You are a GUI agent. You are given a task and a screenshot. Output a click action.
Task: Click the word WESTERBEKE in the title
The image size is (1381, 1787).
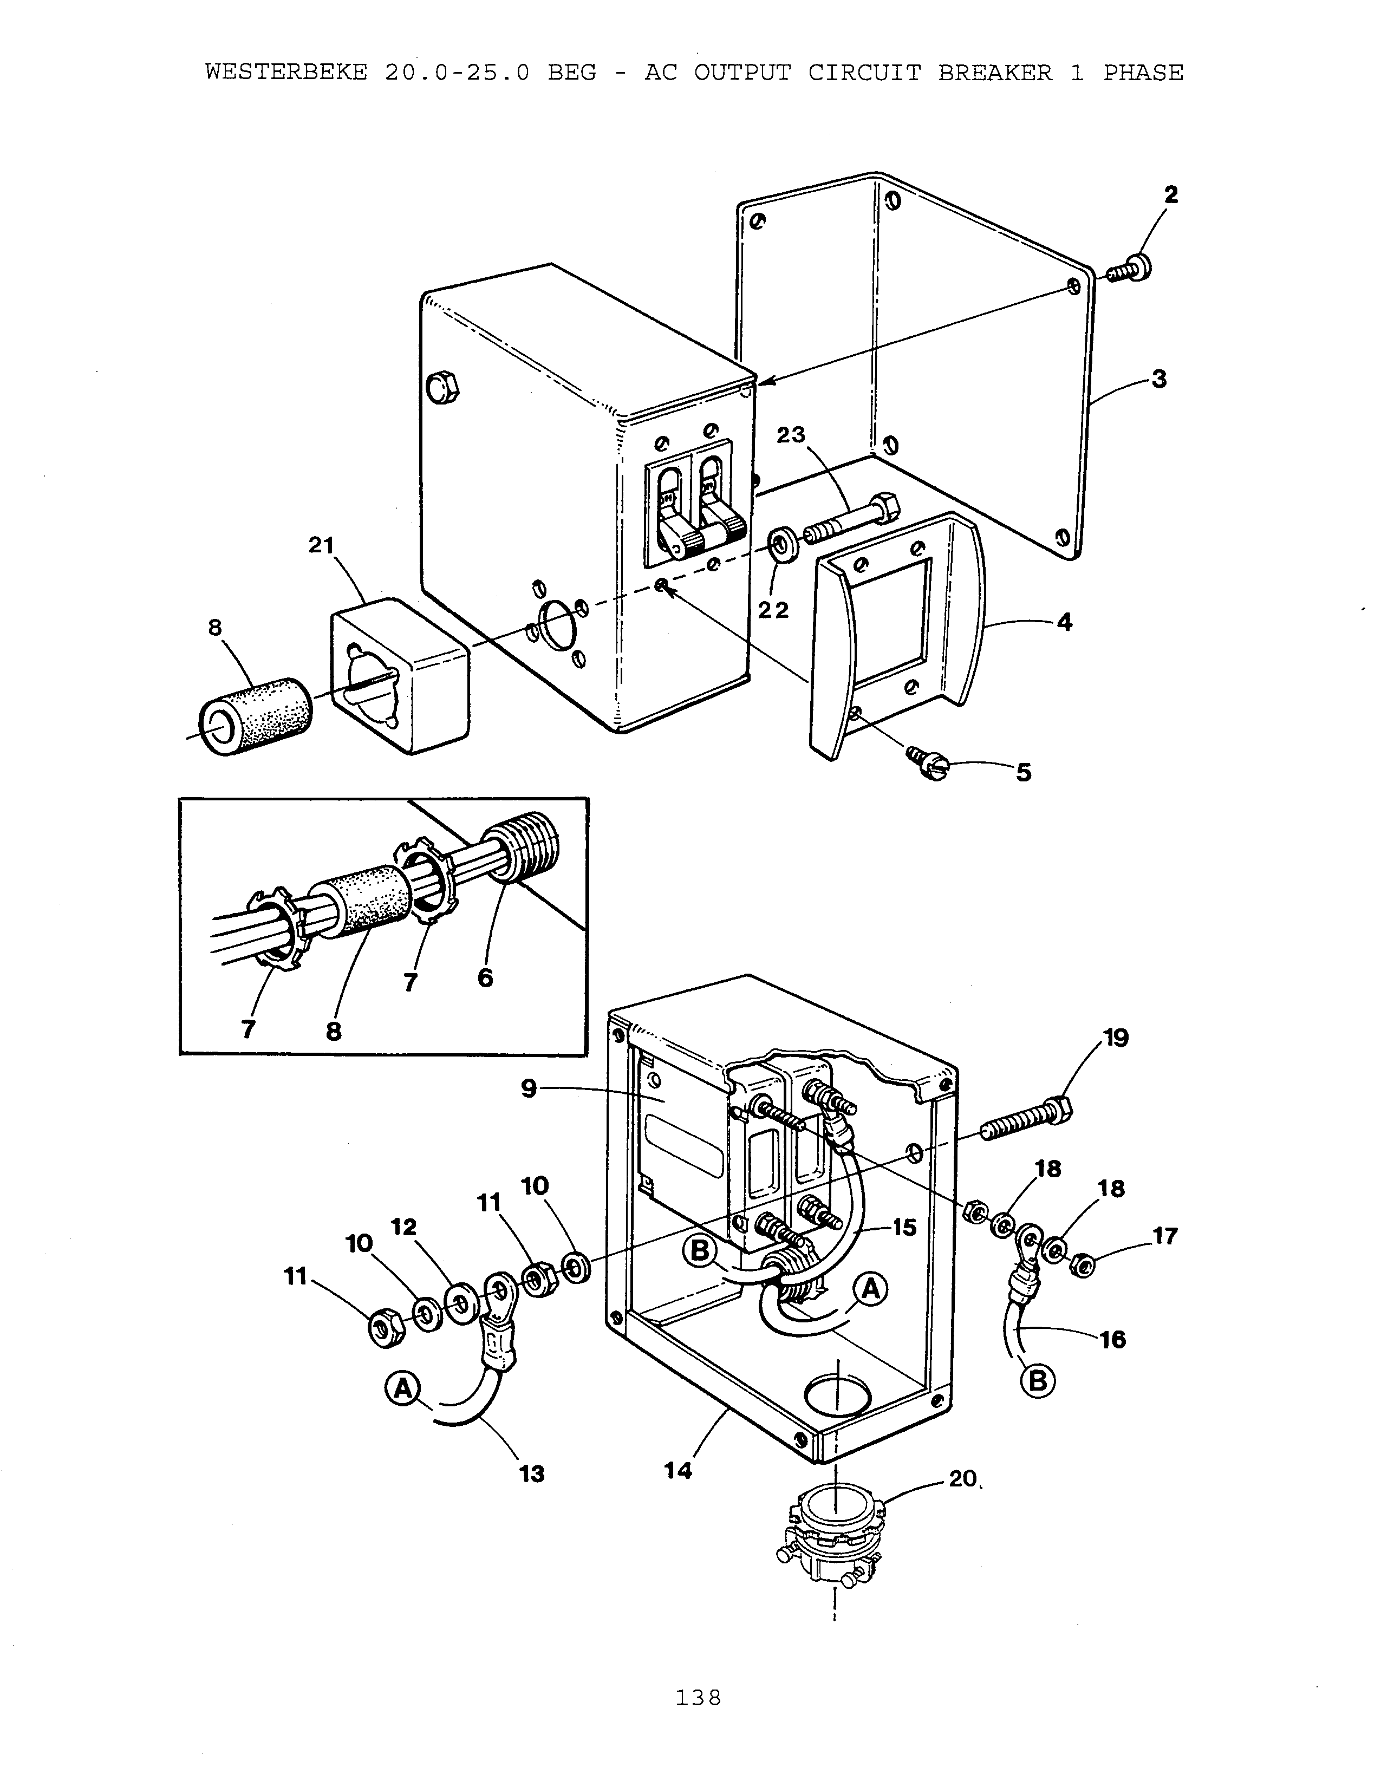(286, 72)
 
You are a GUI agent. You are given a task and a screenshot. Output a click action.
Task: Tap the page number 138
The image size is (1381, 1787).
(698, 1698)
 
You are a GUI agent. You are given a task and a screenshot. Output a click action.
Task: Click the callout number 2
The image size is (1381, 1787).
(1171, 195)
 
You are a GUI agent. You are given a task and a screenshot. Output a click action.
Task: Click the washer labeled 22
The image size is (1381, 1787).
(785, 545)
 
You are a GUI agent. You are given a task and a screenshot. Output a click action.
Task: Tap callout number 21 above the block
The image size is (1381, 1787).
(321, 545)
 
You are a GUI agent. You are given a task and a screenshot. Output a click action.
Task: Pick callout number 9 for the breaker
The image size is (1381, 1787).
(529, 1088)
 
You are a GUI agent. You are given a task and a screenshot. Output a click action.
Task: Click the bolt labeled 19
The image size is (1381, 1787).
(1022, 1121)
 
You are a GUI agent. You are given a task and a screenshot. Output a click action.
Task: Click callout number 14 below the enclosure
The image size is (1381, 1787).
(678, 1470)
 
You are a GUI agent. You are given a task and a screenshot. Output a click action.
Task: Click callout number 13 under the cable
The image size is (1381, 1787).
(532, 1473)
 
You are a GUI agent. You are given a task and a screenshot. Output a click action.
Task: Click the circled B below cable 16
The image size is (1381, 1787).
(1038, 1381)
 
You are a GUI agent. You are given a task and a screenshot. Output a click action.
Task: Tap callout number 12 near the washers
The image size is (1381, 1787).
(404, 1227)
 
